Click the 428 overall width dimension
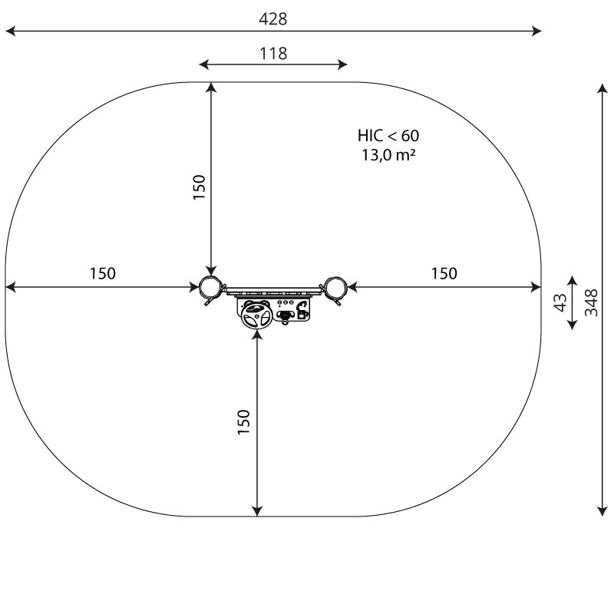tap(273, 18)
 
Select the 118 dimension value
tap(273, 53)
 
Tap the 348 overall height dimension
tap(591, 302)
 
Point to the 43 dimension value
tap(560, 302)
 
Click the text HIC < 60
tap(388, 136)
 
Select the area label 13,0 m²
tap(388, 155)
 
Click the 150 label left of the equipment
tap(103, 273)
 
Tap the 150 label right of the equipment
tap(444, 273)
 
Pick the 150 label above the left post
tap(199, 187)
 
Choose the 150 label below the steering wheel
tap(243, 421)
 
